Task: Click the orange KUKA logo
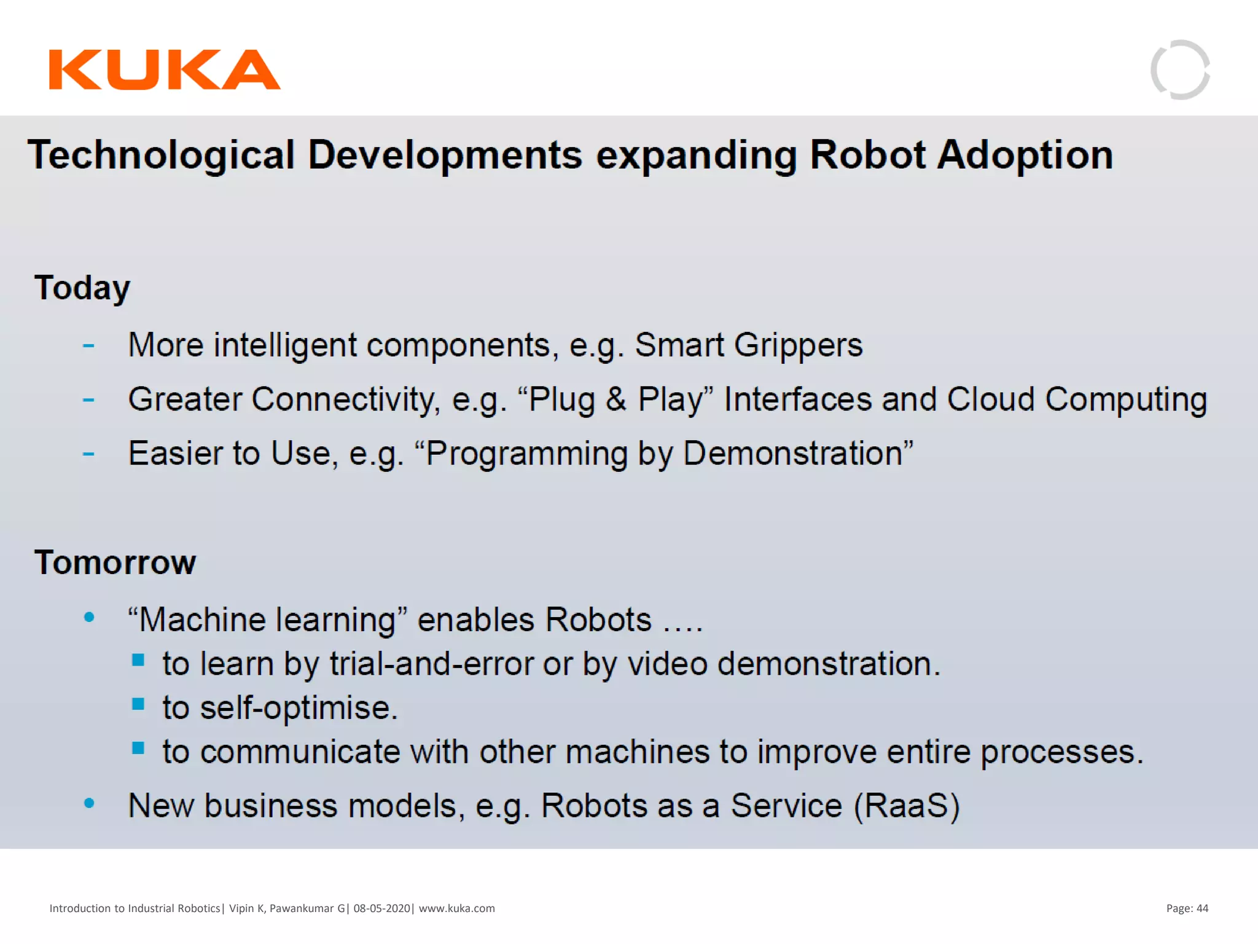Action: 165,69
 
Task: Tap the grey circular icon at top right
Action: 1180,69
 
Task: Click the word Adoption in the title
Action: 1025,155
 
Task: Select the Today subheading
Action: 82,288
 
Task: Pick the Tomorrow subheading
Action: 115,562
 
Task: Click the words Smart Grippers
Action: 748,345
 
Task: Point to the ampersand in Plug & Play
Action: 615,399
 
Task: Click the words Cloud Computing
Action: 1077,399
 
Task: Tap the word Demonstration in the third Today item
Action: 792,454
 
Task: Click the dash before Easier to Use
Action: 88,454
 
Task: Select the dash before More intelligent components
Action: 88,346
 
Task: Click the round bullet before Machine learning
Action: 89,617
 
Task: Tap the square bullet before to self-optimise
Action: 138,704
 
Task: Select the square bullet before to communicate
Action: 138,748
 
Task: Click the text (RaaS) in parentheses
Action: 907,806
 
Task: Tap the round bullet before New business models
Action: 89,803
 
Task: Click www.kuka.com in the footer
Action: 456,908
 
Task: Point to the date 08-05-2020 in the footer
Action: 381,908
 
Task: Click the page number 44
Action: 1202,908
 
